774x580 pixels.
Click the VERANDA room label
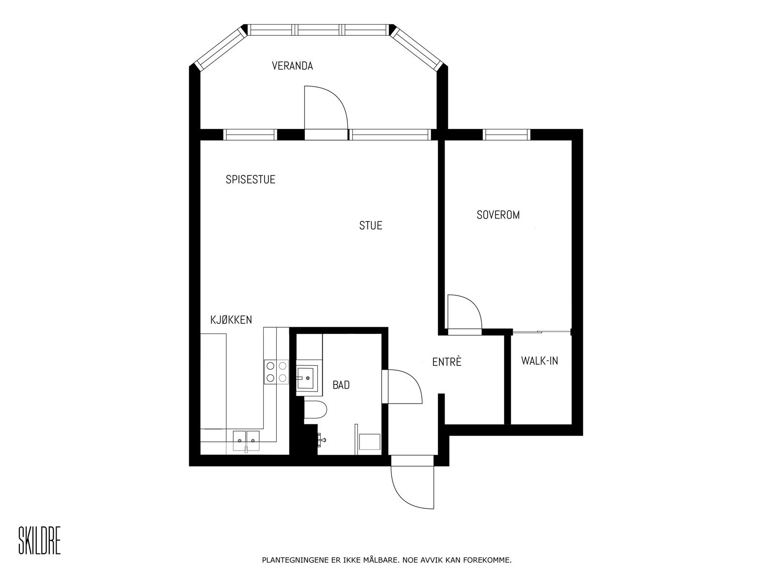(292, 66)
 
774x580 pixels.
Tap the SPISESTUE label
(250, 180)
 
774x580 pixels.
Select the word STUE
(371, 226)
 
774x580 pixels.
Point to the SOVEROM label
(498, 215)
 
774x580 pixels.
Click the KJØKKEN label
(231, 320)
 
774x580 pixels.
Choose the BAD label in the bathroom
(341, 385)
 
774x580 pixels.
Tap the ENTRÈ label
(447, 362)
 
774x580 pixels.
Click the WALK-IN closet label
(539, 361)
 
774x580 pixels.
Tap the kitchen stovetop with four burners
(276, 372)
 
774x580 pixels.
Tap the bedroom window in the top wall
(507, 134)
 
